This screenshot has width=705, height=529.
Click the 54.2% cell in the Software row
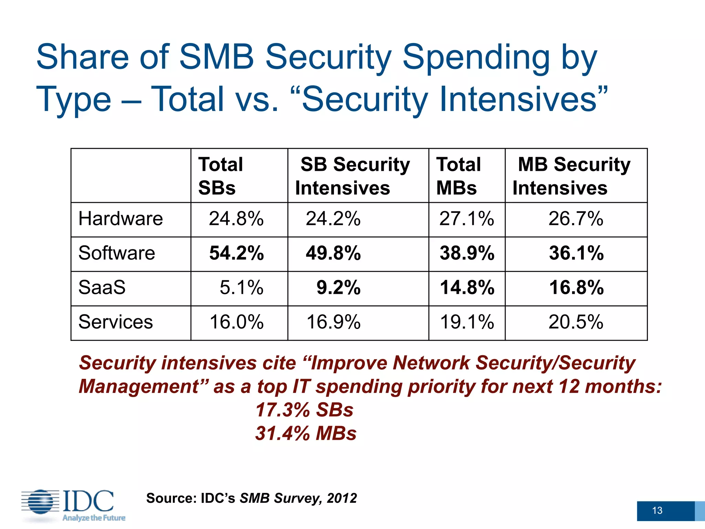236,253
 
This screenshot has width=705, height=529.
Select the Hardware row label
120,219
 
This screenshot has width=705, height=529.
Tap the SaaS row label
102,288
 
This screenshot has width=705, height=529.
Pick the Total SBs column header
221,176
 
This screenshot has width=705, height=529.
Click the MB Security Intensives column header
574,176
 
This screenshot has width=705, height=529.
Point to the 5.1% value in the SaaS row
241,288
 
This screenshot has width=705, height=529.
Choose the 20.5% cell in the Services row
576,322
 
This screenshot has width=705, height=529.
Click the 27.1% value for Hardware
466,219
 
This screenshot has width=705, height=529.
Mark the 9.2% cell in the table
338,288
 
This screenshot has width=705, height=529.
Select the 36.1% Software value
576,253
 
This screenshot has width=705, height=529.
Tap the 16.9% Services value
333,322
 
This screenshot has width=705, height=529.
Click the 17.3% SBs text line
304,410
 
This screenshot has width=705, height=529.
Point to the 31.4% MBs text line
306,433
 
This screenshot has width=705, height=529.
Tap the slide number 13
657,510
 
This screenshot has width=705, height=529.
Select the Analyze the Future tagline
94,518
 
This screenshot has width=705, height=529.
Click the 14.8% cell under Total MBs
467,288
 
